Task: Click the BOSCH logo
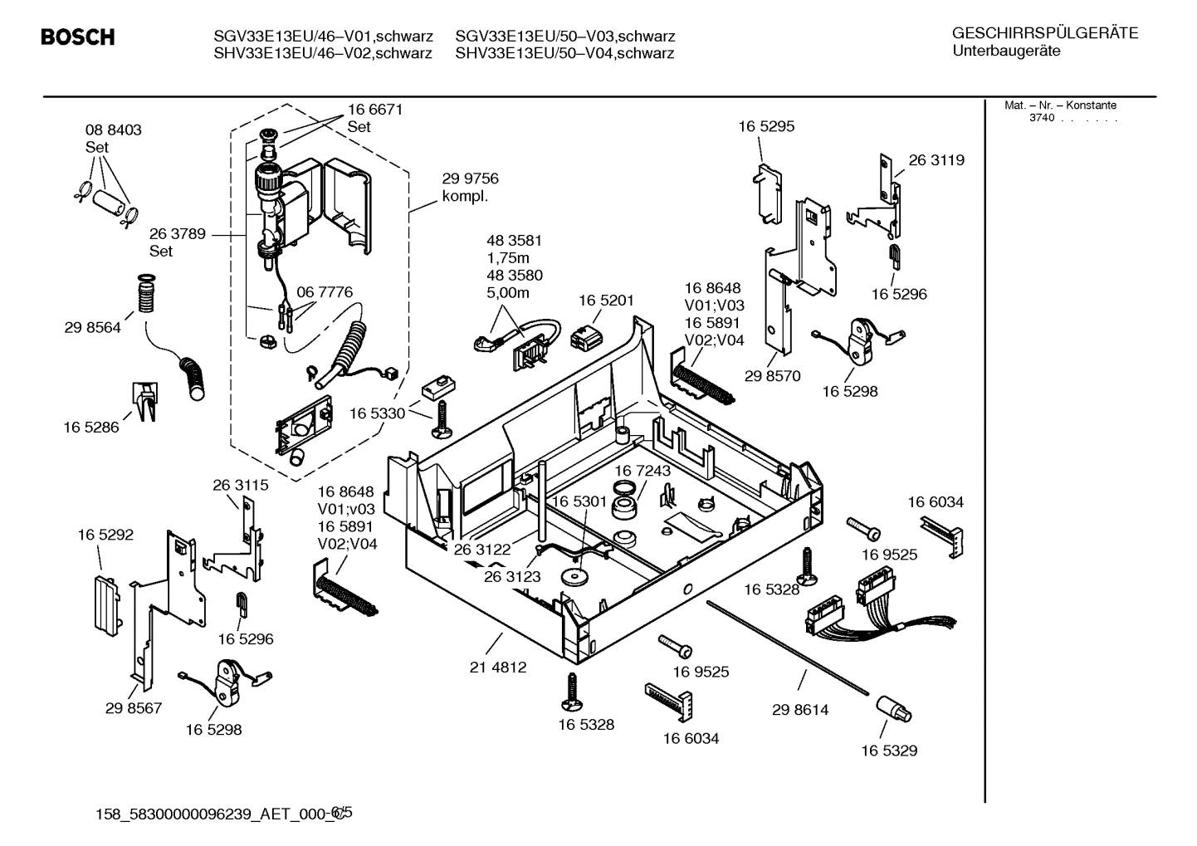(77, 37)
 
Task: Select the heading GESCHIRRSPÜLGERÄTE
(1044, 34)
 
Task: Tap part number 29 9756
(470, 179)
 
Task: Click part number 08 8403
(114, 130)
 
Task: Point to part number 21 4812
(498, 667)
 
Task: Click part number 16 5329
(888, 751)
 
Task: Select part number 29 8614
(800, 710)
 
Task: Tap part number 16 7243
(642, 471)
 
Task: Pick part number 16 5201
(606, 301)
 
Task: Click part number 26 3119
(936, 160)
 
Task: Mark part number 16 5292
(105, 535)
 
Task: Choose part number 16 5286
(91, 428)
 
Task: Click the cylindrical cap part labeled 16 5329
(892, 710)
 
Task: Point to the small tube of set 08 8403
(110, 203)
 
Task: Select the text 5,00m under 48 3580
(507, 293)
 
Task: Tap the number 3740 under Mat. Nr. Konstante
(1042, 118)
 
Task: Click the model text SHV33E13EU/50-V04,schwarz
(564, 54)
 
